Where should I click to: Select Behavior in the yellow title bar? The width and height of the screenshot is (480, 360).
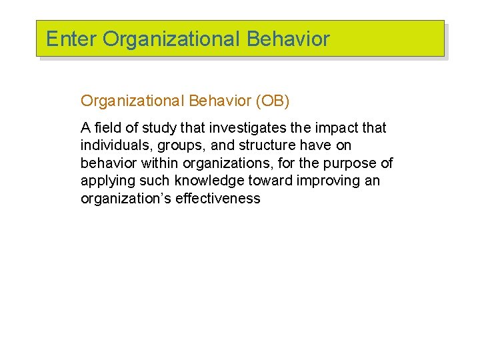click(288, 39)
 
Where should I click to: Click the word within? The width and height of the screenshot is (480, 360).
click(159, 163)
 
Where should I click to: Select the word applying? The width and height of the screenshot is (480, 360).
click(106, 181)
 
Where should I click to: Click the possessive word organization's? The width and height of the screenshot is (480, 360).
click(125, 199)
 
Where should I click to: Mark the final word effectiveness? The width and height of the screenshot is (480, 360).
click(218, 199)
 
